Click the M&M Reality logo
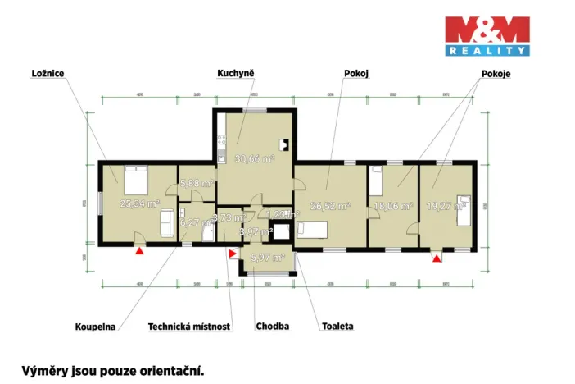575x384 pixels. coord(487,36)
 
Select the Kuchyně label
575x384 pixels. coord(236,73)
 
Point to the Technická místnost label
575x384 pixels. coord(189,326)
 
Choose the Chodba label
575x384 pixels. coord(273,326)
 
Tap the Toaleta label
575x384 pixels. coord(337,326)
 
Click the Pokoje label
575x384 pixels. coord(491,73)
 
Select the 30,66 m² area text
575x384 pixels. coord(253,158)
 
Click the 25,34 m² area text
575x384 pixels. coord(139,204)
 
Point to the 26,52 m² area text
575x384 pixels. coord(330,207)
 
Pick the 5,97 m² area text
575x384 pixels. coord(267,258)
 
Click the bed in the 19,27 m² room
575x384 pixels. coord(464,207)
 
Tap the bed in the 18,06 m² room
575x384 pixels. coord(376,176)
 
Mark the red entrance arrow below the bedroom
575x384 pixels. coord(139,252)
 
